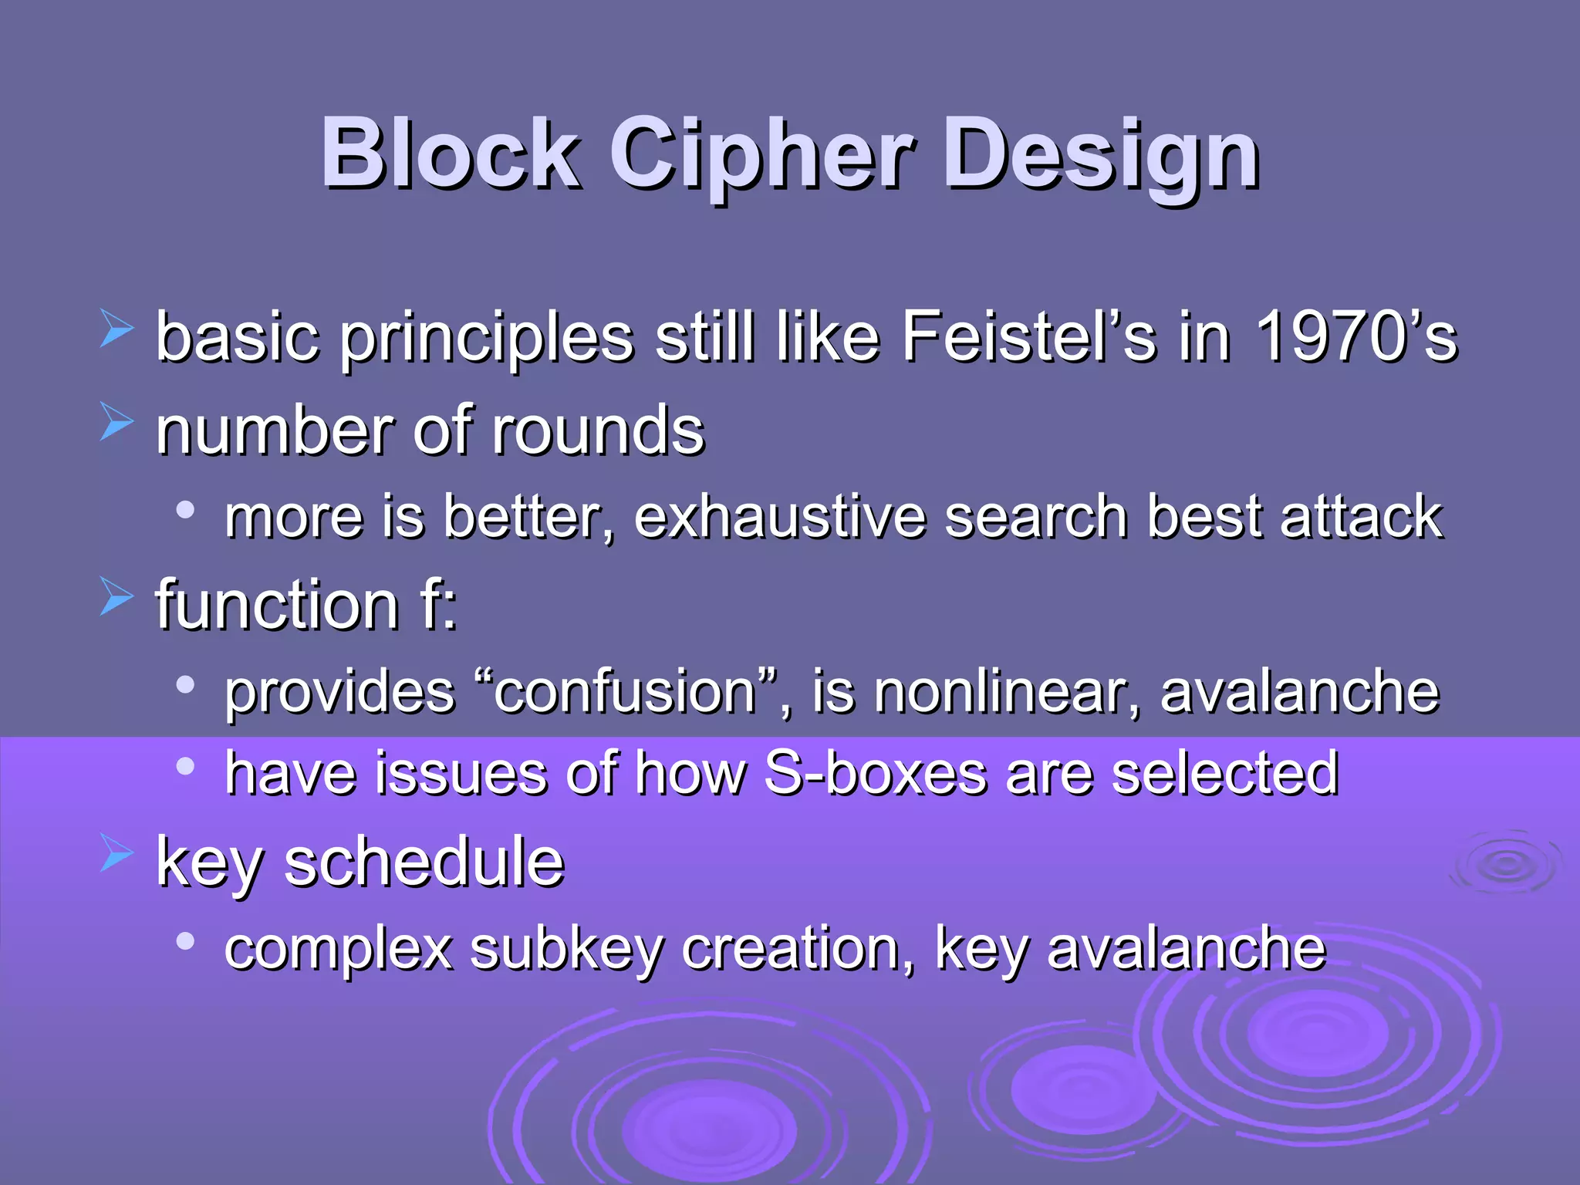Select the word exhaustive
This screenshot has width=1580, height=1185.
[x=779, y=517]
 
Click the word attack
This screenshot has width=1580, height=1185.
[x=1361, y=517]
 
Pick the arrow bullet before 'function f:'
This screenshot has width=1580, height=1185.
[x=116, y=599]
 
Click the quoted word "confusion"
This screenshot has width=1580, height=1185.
[x=625, y=691]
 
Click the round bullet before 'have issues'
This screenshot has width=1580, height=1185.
[x=184, y=766]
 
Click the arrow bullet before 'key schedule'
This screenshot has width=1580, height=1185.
[x=116, y=856]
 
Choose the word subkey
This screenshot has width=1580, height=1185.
[x=567, y=949]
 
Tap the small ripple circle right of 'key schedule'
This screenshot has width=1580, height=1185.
[x=1505, y=864]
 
